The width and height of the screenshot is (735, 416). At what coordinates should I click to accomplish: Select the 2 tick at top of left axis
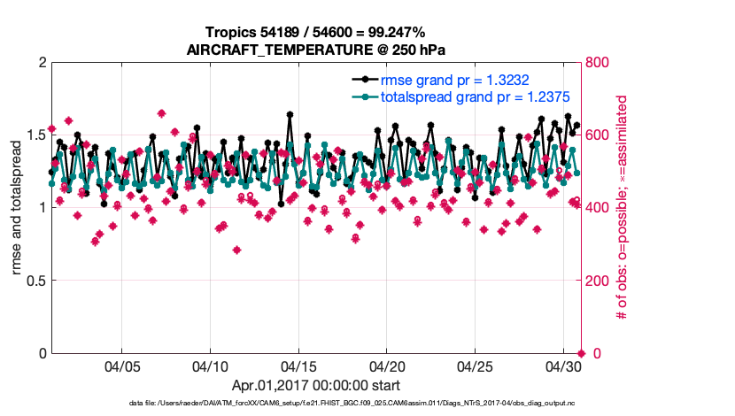(x=43, y=63)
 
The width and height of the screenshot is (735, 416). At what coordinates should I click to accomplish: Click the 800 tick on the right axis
(x=599, y=63)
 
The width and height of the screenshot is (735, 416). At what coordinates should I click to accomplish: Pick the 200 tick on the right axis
(x=599, y=281)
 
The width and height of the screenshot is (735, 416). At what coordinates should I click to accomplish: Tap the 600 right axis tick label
(x=599, y=135)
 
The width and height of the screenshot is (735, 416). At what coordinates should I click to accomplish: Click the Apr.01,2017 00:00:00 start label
(x=315, y=385)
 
